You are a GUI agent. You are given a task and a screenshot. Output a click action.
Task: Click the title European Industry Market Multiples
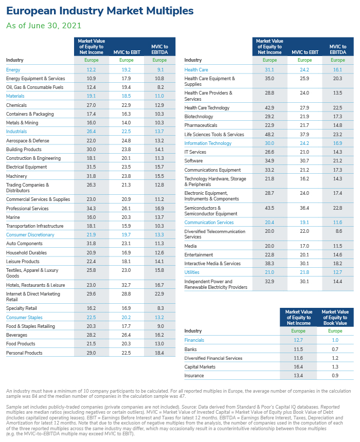(100, 11)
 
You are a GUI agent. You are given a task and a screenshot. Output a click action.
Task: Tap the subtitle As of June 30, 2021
(44, 26)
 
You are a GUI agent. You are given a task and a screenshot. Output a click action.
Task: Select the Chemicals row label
(16, 105)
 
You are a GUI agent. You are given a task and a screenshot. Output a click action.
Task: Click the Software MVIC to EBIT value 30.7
(304, 161)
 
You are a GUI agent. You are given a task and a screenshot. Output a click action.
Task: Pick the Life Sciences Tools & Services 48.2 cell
(269, 135)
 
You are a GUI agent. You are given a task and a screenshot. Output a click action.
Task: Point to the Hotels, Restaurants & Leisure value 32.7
(126, 285)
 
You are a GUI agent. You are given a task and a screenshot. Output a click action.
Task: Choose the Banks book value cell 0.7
(335, 349)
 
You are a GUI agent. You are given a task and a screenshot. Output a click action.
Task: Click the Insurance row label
(194, 376)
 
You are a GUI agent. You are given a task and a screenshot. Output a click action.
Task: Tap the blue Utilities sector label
(192, 272)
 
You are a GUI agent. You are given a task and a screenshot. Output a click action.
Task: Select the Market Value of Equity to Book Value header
(335, 318)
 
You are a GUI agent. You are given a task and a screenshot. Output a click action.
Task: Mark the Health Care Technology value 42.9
(269, 108)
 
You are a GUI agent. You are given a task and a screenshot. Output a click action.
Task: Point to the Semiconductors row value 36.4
(304, 208)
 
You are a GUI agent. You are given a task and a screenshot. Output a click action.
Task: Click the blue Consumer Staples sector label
(24, 318)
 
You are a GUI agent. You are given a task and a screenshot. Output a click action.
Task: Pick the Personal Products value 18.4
(159, 353)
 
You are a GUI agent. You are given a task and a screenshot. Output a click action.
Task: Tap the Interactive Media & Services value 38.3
(269, 264)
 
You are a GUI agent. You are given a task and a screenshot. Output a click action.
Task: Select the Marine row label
(13, 217)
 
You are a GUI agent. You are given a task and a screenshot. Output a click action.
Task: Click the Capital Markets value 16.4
(298, 367)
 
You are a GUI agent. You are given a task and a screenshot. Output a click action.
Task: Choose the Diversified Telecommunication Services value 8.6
(339, 231)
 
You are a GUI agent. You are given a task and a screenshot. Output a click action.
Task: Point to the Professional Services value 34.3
(91, 208)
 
